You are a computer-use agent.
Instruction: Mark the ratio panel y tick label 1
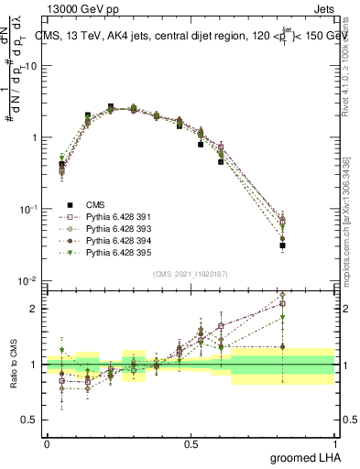point(35,365)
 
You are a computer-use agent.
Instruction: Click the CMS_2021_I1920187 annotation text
point(190,274)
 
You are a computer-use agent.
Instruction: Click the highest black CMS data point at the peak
point(111,107)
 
